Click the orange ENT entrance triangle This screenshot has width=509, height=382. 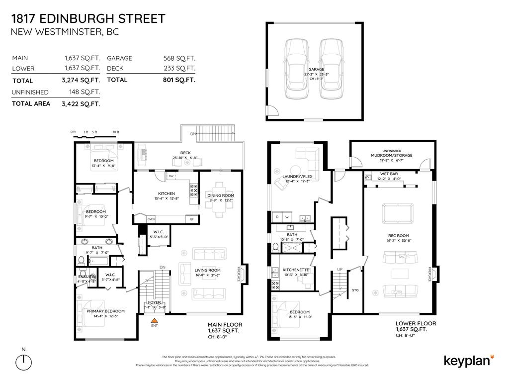coord(155,321)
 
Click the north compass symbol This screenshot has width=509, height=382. coord(23,362)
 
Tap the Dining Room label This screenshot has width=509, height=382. coord(221,195)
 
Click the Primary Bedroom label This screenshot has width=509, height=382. coord(105,311)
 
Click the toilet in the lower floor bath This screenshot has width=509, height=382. coord(275,246)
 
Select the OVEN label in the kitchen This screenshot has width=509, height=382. coord(151,219)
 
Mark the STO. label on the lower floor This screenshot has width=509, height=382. coord(355,289)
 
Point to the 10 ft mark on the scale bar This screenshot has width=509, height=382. coord(116,132)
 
